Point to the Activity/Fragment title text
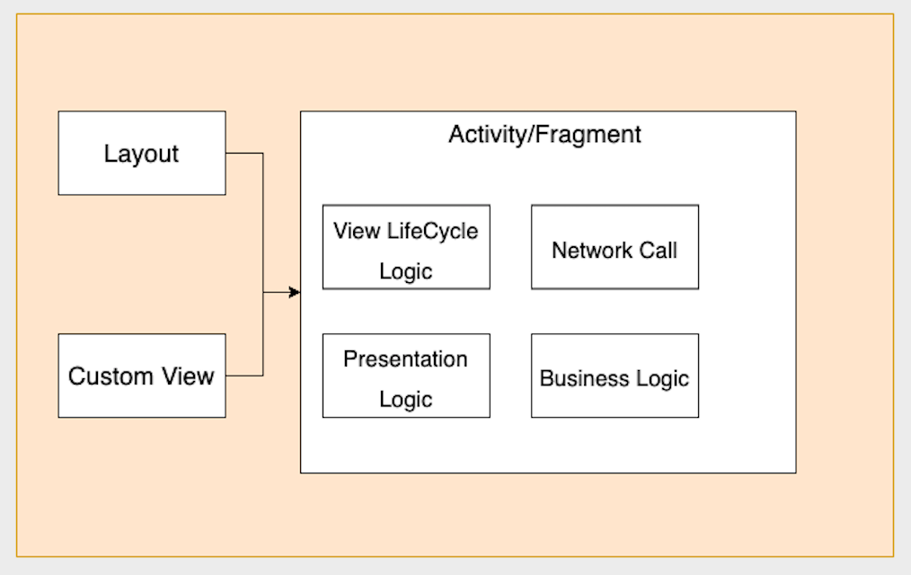pyautogui.click(x=544, y=135)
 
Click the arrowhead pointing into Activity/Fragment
pyautogui.click(x=295, y=292)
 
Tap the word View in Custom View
pyautogui.click(x=187, y=376)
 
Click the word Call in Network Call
pyautogui.click(x=658, y=250)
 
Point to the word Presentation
pyautogui.click(x=405, y=359)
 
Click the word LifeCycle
pyautogui.click(x=432, y=231)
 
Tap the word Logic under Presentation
pyautogui.click(x=405, y=399)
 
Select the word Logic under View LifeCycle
pyautogui.click(x=405, y=271)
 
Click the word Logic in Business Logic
pyautogui.click(x=662, y=378)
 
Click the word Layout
pyautogui.click(x=141, y=154)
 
